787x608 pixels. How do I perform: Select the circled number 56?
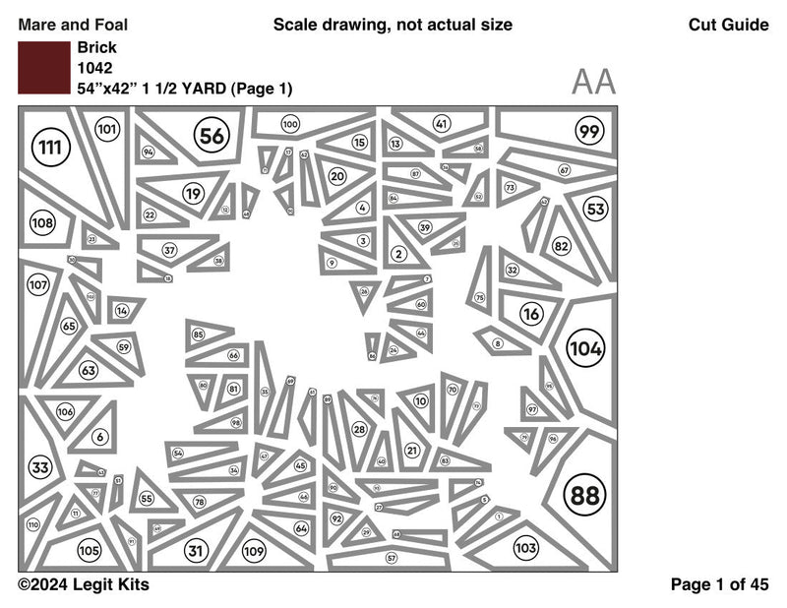(x=212, y=136)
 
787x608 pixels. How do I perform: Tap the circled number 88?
(x=584, y=495)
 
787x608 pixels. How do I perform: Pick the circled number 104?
(x=587, y=348)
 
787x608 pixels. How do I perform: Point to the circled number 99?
(x=589, y=132)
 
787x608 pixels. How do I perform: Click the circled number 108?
(x=42, y=223)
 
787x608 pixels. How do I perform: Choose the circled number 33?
(x=40, y=467)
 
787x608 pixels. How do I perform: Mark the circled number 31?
(x=197, y=551)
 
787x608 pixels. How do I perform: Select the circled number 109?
(x=254, y=551)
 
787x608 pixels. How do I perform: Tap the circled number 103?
(x=526, y=548)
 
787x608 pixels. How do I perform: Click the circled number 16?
(x=531, y=315)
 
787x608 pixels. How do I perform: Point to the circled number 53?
(x=596, y=209)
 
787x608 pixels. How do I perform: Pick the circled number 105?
(x=90, y=551)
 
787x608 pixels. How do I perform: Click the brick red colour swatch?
(x=43, y=68)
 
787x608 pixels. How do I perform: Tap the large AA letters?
(x=593, y=83)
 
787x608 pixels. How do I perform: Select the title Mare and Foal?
(x=73, y=25)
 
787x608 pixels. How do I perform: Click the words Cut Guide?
(x=729, y=25)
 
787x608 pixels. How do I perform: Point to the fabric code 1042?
(x=94, y=68)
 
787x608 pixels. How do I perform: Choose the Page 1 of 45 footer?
(x=719, y=584)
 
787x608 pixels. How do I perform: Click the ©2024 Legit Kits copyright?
(x=84, y=584)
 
